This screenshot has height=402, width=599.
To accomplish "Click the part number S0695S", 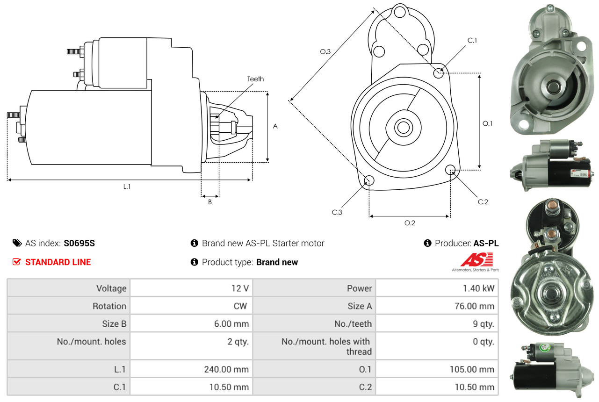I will tap(79, 243).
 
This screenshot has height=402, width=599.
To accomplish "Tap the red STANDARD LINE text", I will tap(58, 262).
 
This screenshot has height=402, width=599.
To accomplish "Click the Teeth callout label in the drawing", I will tap(255, 79).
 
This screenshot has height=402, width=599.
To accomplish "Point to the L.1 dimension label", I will tap(127, 187).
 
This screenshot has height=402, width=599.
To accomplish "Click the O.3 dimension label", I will tap(325, 52).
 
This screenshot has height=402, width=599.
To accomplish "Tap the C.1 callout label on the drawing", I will tap(472, 41).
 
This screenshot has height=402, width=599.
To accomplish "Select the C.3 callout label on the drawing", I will tap(337, 212).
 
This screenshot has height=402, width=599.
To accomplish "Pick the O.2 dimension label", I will tap(410, 223).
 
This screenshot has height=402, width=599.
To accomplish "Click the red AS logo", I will tap(476, 260).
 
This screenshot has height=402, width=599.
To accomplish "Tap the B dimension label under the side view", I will tap(210, 202).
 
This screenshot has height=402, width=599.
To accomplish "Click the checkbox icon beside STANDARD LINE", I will tap(17, 262).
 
